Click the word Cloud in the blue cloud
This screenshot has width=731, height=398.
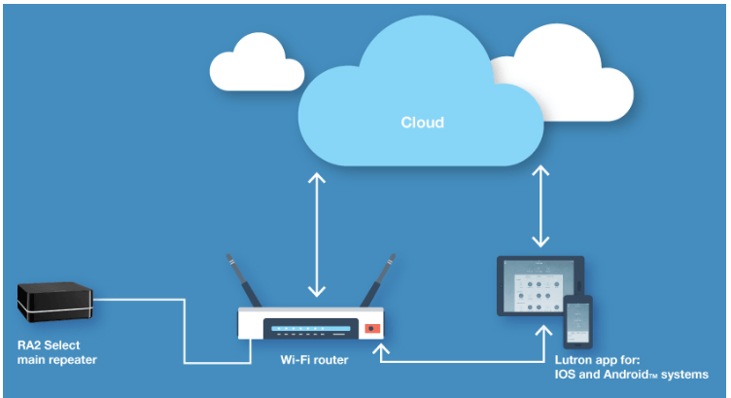pos(422,123)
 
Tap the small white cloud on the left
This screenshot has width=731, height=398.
pos(255,60)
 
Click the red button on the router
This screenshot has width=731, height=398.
pos(369,329)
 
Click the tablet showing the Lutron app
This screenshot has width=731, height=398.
pos(535,284)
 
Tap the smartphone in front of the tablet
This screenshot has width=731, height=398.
pos(578,321)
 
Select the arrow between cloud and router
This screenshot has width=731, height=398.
pos(315,234)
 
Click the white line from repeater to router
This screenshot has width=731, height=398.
pos(184,331)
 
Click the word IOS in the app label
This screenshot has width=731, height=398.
pos(553,375)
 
